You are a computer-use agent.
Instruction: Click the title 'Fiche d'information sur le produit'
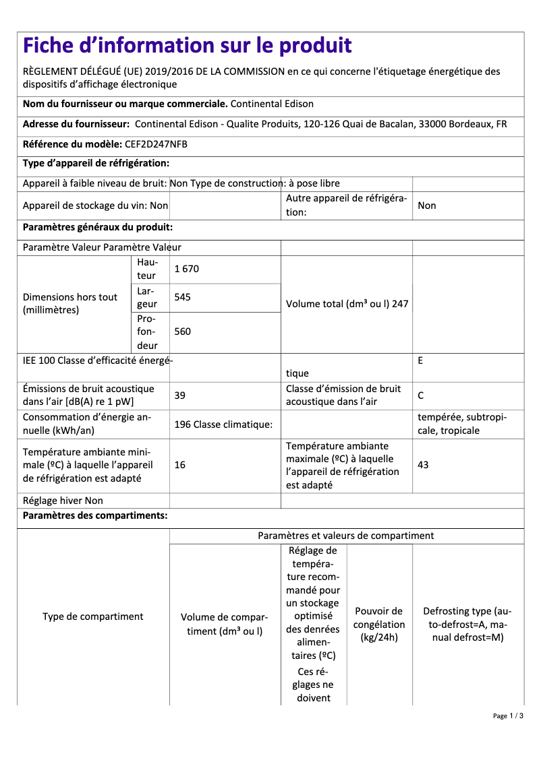[188, 46]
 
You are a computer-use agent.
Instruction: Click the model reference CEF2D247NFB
[156, 144]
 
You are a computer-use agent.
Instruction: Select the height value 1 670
[186, 269]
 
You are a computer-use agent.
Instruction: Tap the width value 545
[182, 297]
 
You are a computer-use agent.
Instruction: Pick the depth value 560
[182, 331]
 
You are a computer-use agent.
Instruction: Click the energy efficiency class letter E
[420, 361]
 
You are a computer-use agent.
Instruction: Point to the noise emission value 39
[179, 395]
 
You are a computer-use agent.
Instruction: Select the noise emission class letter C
[421, 395]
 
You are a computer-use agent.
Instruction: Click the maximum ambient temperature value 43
[423, 466]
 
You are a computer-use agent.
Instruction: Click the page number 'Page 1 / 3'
[507, 715]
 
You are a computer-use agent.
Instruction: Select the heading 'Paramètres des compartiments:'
[95, 516]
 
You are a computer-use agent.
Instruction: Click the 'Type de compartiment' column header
[93, 616]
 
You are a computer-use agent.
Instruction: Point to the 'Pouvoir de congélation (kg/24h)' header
[379, 624]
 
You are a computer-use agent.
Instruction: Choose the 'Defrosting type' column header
[467, 624]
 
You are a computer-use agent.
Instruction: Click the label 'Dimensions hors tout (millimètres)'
[70, 304]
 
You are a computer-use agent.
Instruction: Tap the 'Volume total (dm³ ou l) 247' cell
[347, 304]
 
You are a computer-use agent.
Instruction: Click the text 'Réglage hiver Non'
[63, 501]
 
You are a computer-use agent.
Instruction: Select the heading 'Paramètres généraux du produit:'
[98, 228]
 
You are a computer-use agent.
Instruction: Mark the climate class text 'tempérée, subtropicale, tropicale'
[462, 424]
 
